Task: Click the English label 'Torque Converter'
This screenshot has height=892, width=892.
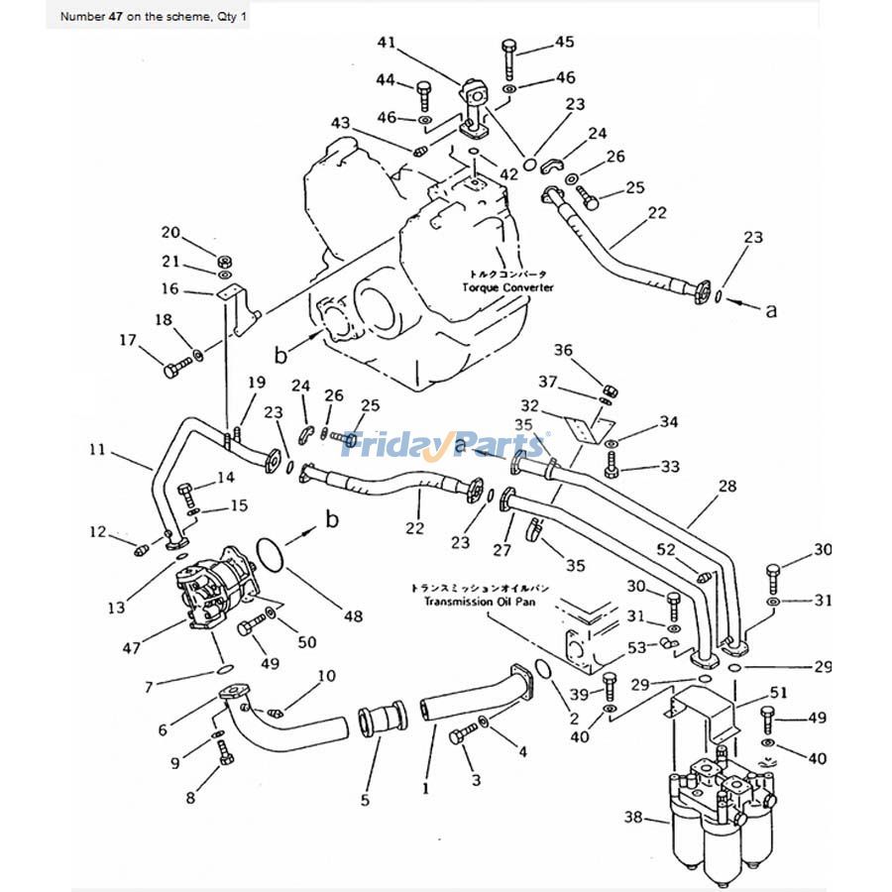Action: pos(507,287)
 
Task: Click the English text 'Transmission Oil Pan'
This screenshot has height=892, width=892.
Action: pos(480,602)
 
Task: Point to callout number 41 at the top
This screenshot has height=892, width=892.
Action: pos(387,42)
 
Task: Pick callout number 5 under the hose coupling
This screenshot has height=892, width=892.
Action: pos(365,799)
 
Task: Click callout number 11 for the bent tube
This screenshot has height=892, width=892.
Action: pos(96,450)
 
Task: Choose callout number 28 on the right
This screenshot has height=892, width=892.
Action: pos(727,486)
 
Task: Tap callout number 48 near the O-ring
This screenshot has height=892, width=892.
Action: pos(354,616)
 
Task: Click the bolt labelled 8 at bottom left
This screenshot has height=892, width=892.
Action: pos(224,758)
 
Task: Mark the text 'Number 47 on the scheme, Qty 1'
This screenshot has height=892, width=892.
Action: pos(140,17)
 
